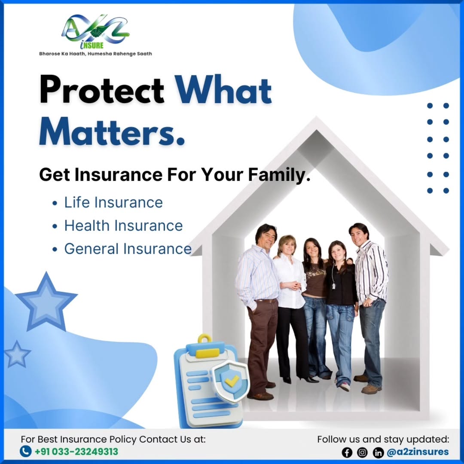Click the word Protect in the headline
[102, 89]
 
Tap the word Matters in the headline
[112, 132]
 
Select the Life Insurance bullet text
[113, 203]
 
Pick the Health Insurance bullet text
[123, 226]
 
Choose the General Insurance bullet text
[128, 249]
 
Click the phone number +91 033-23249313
[76, 452]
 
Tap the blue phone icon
[26, 452]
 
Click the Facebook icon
[347, 452]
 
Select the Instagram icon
[362, 452]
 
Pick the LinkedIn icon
[378, 452]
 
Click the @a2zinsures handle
[418, 452]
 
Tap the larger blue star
[46, 302]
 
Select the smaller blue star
[17, 354]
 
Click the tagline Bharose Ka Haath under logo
[95, 54]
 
